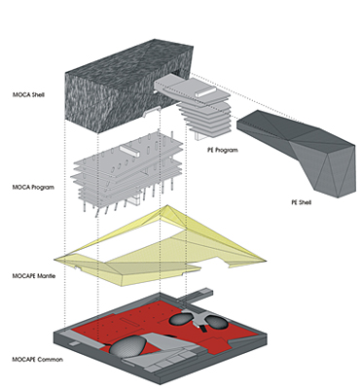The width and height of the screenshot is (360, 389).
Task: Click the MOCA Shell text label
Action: (28, 95)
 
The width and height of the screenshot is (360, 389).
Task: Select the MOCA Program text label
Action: (33, 188)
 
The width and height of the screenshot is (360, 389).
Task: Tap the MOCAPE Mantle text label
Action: (34, 276)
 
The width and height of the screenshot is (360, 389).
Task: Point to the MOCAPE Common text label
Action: (38, 360)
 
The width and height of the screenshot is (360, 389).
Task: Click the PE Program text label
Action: (223, 150)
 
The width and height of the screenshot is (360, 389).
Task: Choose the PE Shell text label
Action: (302, 202)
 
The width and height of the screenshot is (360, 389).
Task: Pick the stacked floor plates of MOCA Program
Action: (128, 172)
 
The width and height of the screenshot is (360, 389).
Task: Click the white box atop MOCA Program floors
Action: (129, 151)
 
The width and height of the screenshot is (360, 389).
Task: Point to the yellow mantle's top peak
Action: (167, 205)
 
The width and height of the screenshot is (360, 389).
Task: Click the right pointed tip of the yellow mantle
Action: (266, 261)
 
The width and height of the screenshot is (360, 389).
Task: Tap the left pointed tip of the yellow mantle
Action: (54, 260)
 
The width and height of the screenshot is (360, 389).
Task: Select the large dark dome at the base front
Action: (128, 345)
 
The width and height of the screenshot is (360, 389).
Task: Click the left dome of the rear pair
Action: (183, 319)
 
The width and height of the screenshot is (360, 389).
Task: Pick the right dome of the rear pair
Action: (217, 322)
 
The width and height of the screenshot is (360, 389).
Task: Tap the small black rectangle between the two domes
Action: (203, 329)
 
